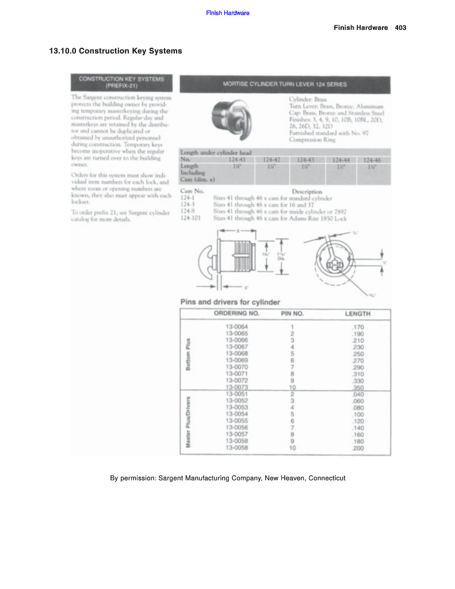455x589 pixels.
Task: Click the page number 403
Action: pyautogui.click(x=401, y=28)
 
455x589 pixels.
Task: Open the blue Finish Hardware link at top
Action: pyautogui.click(x=227, y=13)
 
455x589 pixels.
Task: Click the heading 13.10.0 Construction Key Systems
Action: pyautogui.click(x=116, y=51)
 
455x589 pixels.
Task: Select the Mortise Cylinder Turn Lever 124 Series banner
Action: pyautogui.click(x=285, y=84)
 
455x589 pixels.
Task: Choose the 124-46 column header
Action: pyautogui.click(x=372, y=159)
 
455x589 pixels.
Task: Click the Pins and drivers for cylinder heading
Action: pyautogui.click(x=230, y=302)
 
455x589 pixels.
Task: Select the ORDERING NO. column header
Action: pyautogui.click(x=236, y=314)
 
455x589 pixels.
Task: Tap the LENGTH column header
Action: pyautogui.click(x=357, y=314)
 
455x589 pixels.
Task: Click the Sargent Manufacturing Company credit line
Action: pyautogui.click(x=227, y=478)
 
